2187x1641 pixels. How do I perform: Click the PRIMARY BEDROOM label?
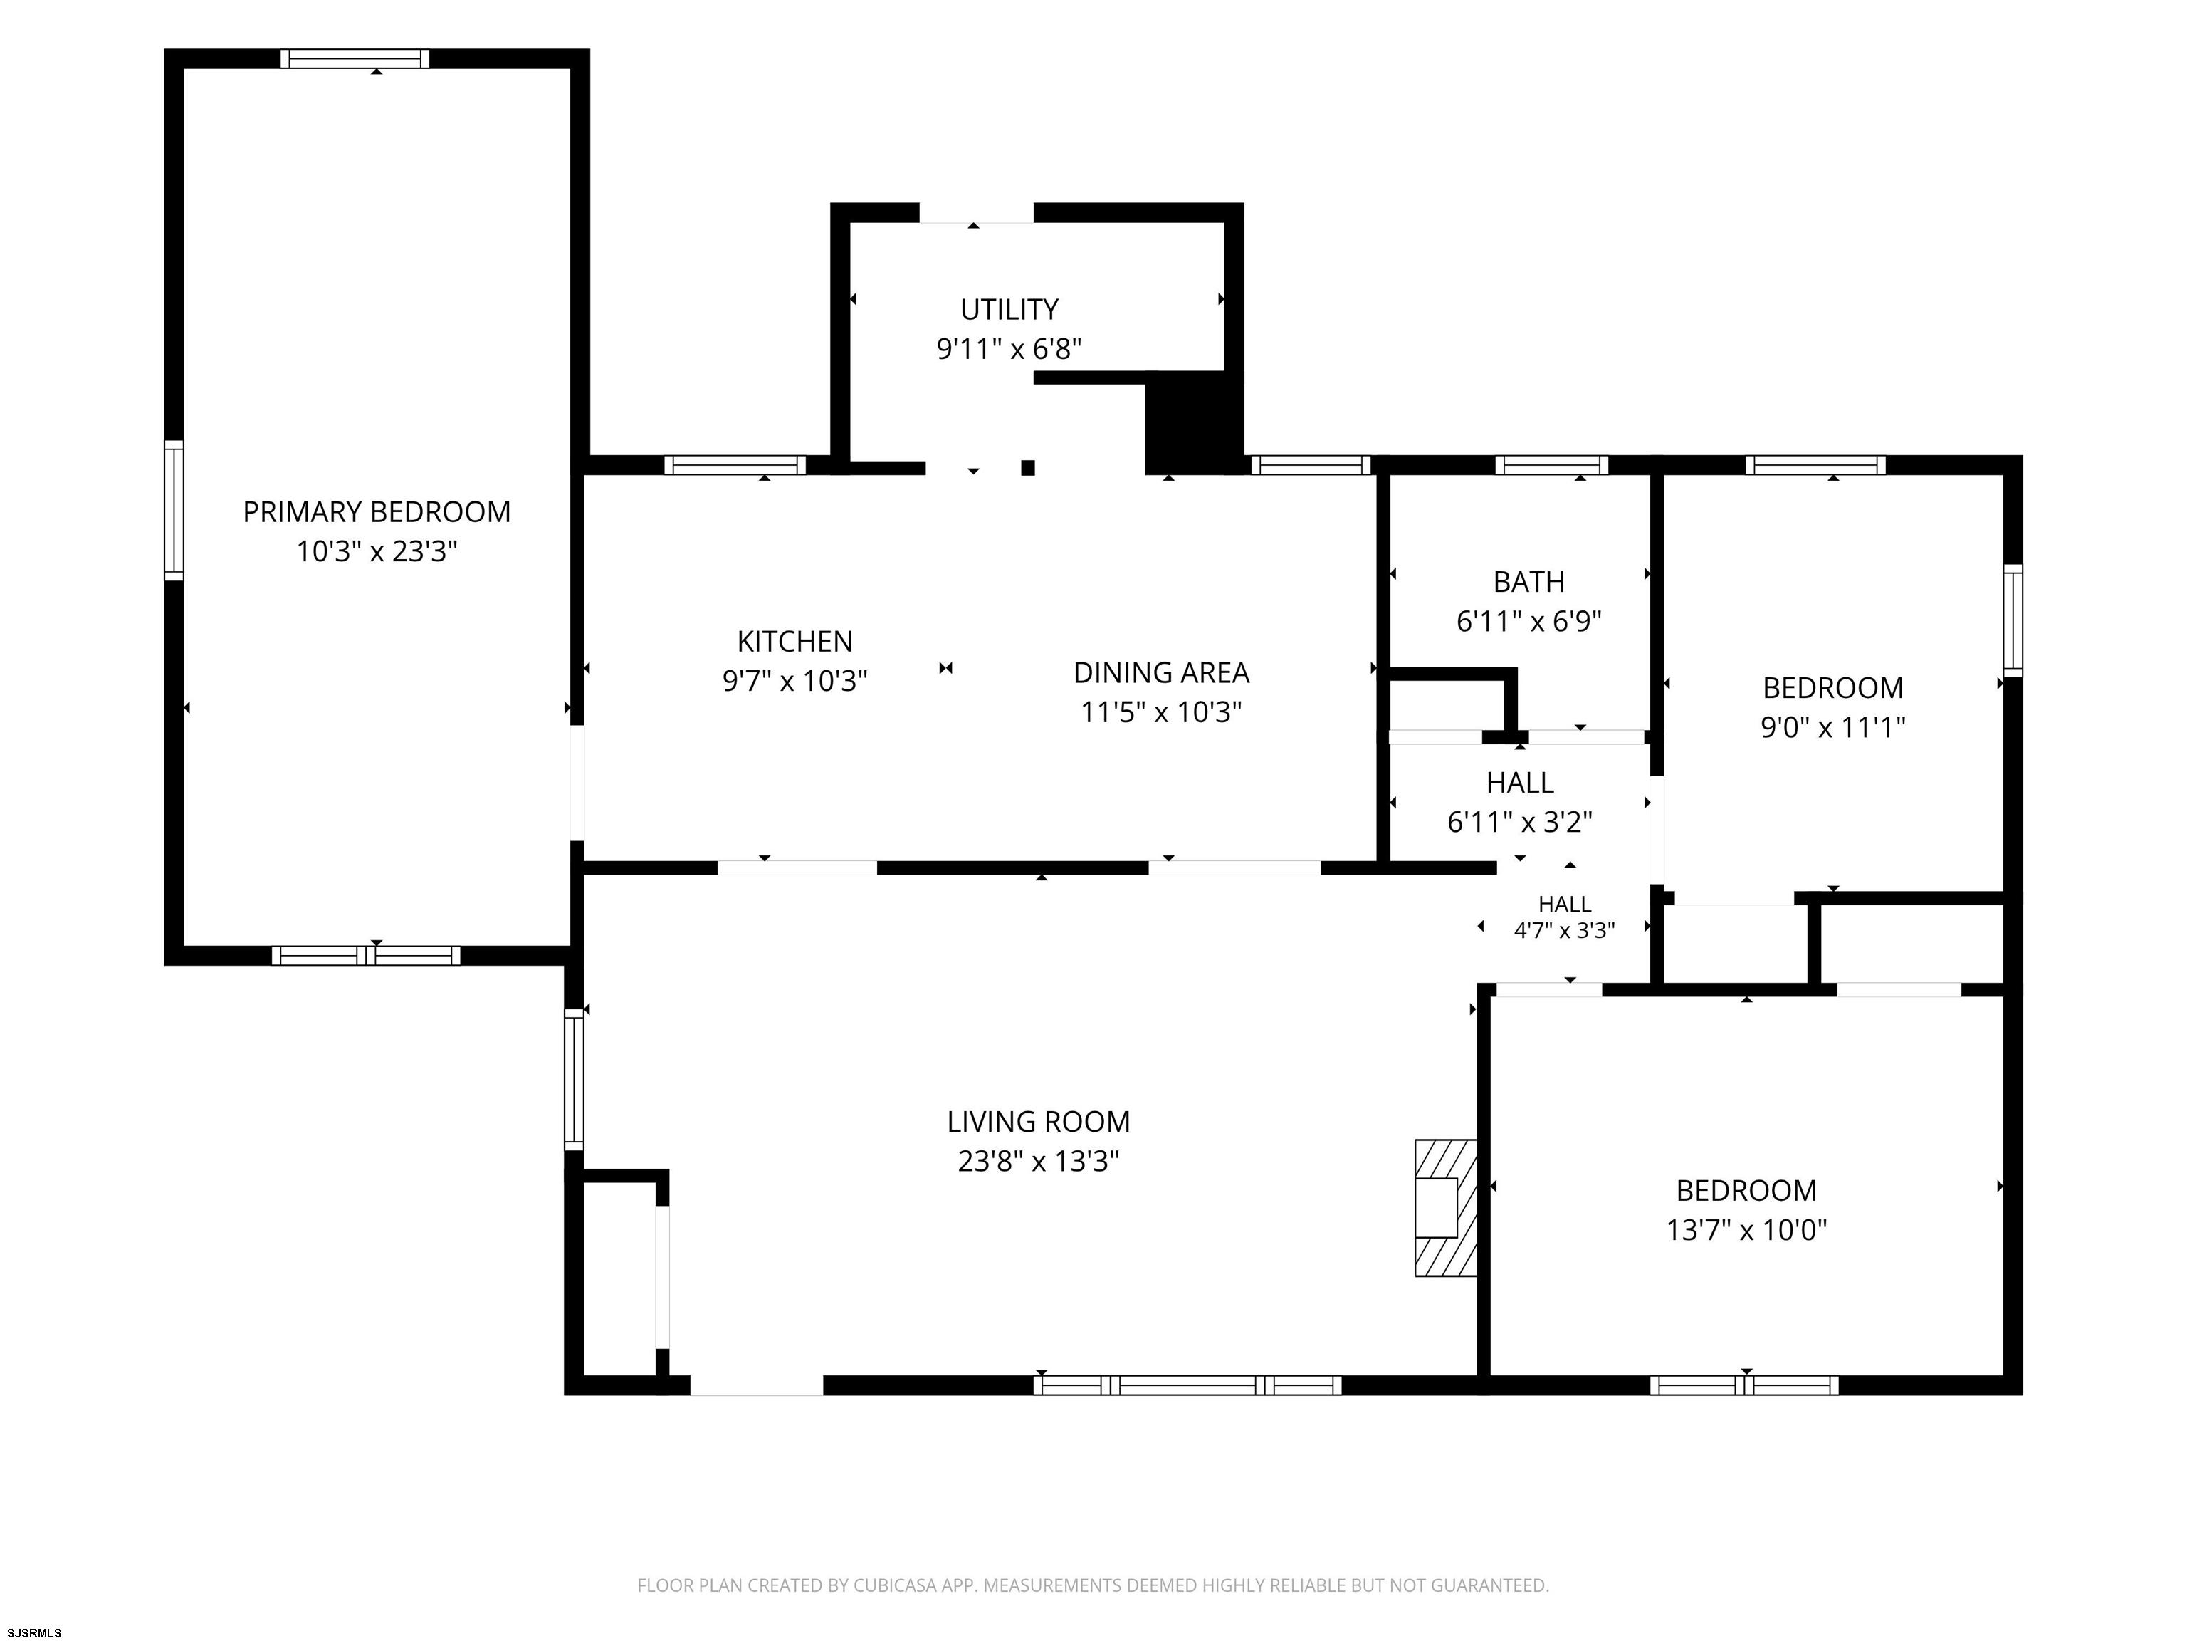(x=377, y=511)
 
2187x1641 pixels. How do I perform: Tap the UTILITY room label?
(x=1009, y=310)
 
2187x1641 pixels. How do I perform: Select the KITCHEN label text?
(x=795, y=641)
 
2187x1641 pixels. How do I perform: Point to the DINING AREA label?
(x=1162, y=672)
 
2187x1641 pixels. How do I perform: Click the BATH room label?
(x=1528, y=582)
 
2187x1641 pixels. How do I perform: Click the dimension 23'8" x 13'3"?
(x=1038, y=1160)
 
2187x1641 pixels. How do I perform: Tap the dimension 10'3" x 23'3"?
(x=377, y=551)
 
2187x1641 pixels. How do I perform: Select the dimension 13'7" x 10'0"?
(x=1747, y=1229)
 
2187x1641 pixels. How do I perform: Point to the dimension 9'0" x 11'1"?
(x=1833, y=727)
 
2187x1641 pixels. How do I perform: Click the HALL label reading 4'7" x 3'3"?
(x=1564, y=917)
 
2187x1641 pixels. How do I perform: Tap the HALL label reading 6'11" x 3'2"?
(x=1521, y=802)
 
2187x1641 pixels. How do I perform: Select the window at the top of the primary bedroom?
(x=355, y=58)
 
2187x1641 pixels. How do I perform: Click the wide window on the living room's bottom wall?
(x=1187, y=1385)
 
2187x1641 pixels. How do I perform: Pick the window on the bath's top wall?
(x=1551, y=465)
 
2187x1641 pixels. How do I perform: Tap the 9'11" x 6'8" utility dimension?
(x=1009, y=349)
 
